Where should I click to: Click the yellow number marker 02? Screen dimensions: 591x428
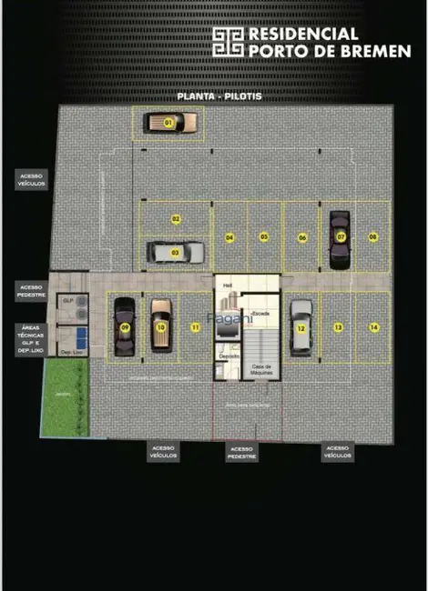coord(176,218)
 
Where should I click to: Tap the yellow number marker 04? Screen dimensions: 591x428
coord(230,237)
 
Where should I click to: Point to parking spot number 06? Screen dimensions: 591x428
coord(302,237)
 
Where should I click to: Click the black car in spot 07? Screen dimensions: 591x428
coord(340,239)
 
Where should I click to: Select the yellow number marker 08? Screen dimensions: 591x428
coord(373,237)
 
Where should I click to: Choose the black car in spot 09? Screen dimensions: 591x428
coord(124,327)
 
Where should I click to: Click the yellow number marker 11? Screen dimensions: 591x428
coord(194,326)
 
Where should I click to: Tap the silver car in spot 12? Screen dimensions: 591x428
coord(301,326)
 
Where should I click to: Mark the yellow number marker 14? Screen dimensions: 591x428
coord(373,326)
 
